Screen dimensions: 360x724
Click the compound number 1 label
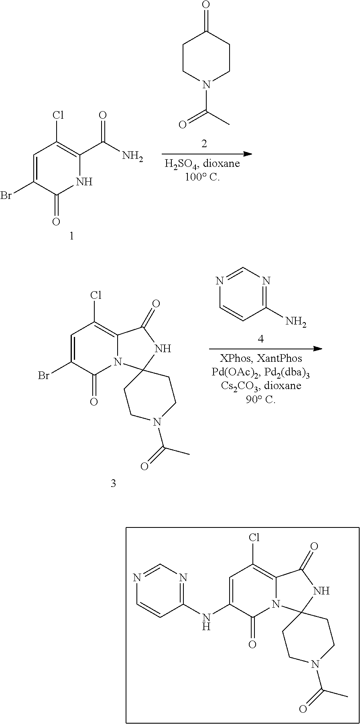72,236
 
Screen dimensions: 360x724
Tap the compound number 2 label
204,144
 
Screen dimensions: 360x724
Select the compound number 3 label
113,483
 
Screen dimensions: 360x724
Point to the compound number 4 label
261,339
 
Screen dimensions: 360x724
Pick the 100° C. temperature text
202,176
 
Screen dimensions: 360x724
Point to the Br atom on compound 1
6,196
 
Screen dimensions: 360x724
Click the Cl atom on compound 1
59,116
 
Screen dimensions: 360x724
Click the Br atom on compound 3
44,376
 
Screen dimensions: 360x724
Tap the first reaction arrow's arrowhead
248,154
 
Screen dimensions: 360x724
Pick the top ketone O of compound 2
206,5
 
